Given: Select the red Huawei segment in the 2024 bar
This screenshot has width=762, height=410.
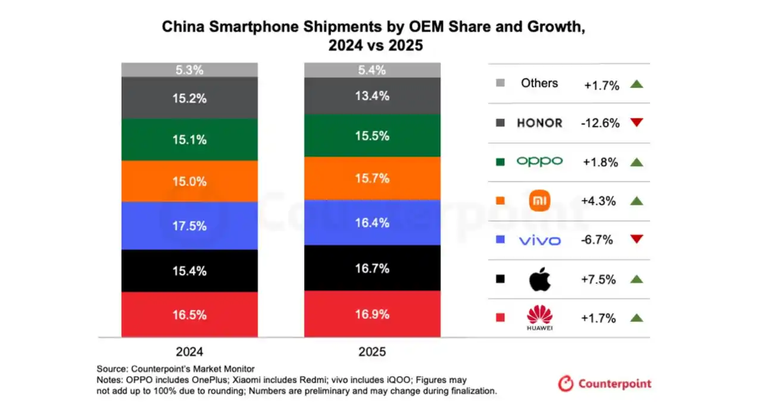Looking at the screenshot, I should [x=189, y=315].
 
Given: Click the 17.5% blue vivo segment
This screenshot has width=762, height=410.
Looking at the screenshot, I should [x=189, y=226].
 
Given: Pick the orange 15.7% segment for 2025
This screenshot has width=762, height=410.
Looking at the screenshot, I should [x=372, y=178].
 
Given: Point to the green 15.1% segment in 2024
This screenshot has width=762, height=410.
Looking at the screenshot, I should [x=189, y=139].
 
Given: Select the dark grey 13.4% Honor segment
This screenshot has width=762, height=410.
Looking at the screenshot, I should [x=372, y=96].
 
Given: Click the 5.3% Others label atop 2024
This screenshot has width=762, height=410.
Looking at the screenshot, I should [x=189, y=70].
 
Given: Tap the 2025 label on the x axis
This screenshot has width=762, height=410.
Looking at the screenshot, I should [x=372, y=351].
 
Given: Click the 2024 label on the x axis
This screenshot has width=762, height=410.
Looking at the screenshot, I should [x=189, y=351].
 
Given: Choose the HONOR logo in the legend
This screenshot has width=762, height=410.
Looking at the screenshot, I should [x=539, y=123].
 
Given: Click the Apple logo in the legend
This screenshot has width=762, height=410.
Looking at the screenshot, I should [x=540, y=279].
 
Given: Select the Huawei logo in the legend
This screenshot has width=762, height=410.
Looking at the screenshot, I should [x=540, y=318].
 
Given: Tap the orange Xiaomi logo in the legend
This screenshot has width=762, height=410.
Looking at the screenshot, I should [x=540, y=201].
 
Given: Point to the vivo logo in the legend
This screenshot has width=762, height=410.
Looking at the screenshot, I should [x=539, y=240].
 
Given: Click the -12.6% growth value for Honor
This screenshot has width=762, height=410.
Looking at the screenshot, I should [x=600, y=123].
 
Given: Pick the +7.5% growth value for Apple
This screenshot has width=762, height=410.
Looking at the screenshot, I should [x=598, y=279].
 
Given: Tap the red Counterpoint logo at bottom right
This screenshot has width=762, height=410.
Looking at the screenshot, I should [x=605, y=384].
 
